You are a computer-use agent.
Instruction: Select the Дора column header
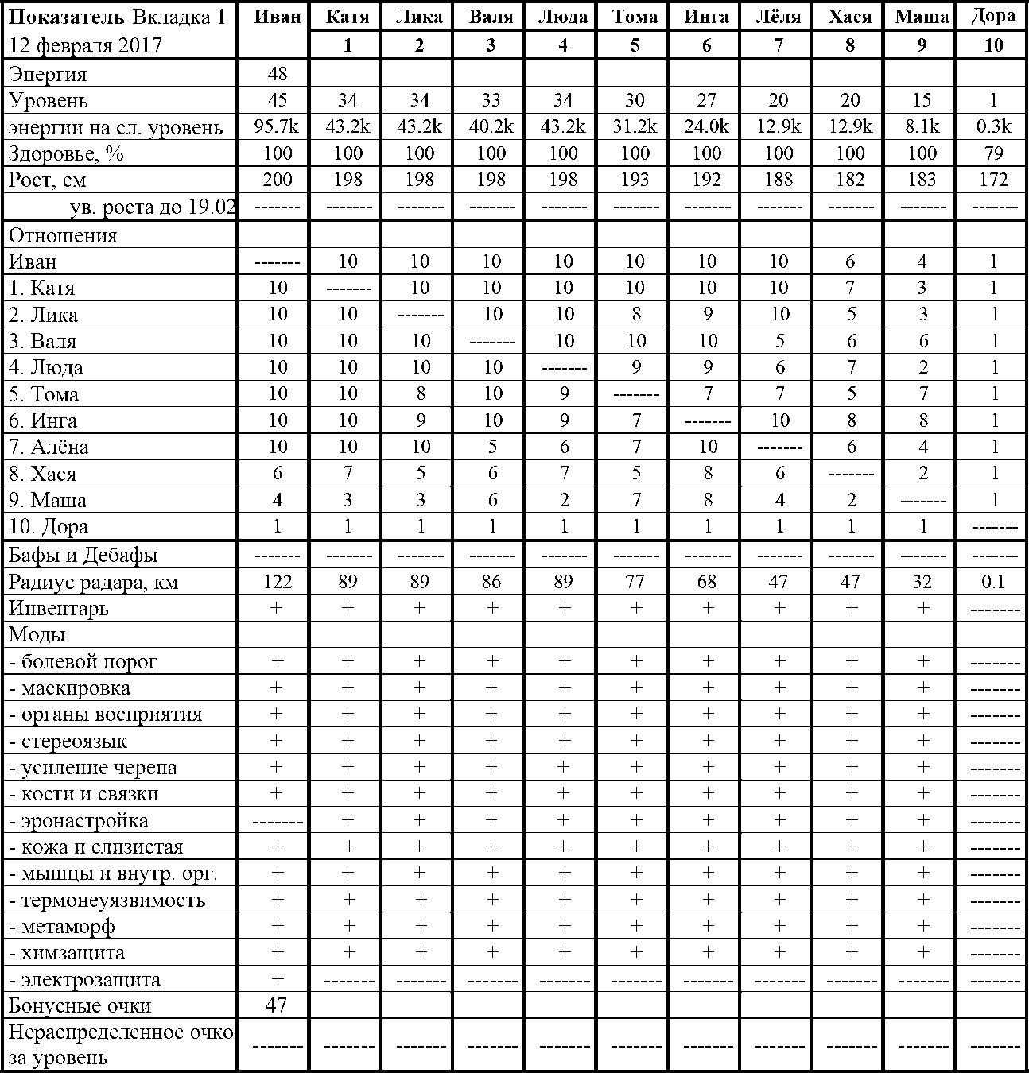pos(993,16)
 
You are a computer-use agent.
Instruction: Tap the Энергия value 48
pos(278,75)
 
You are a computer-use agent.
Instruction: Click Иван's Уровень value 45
pos(278,100)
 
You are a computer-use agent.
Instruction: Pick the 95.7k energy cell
pos(278,127)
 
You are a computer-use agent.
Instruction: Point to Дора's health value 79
pos(993,153)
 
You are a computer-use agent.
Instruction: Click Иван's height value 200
pos(278,180)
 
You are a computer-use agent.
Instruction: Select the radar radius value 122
pos(278,582)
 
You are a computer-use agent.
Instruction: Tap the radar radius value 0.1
pos(993,582)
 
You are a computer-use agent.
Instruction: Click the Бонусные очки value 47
pos(276,1005)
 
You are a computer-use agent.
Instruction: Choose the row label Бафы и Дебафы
pos(83,555)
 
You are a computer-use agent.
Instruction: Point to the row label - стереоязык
pos(68,742)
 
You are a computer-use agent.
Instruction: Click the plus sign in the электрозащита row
pos(278,979)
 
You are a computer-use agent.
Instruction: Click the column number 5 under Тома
pos(635,45)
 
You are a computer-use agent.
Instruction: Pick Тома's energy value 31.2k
pos(635,127)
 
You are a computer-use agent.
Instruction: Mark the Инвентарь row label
pos(58,609)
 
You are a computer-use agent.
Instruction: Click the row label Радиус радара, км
pos(93,583)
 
